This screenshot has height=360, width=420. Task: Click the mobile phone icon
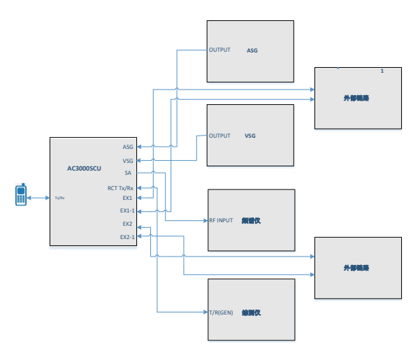point(21,195)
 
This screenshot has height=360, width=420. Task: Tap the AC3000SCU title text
point(84,168)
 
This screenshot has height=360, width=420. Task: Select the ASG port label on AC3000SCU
point(128,147)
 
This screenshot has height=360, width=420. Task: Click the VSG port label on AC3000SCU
point(128,161)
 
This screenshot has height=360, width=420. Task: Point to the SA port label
point(128,173)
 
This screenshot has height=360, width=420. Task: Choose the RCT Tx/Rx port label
point(120,188)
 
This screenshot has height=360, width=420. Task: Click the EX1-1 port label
point(126,210)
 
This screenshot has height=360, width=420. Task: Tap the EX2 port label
point(127,224)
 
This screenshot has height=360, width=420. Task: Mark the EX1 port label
point(127,198)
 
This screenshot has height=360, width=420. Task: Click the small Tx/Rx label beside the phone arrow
point(59,198)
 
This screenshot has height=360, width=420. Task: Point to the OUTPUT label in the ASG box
point(219,50)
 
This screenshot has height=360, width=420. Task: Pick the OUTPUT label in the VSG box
point(219,136)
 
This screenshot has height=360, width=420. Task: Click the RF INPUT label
point(221,220)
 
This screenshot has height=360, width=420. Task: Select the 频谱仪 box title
point(251,220)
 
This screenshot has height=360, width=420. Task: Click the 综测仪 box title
point(251,312)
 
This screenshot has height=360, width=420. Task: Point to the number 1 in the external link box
point(382,71)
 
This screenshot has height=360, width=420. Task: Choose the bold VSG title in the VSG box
point(250,136)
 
